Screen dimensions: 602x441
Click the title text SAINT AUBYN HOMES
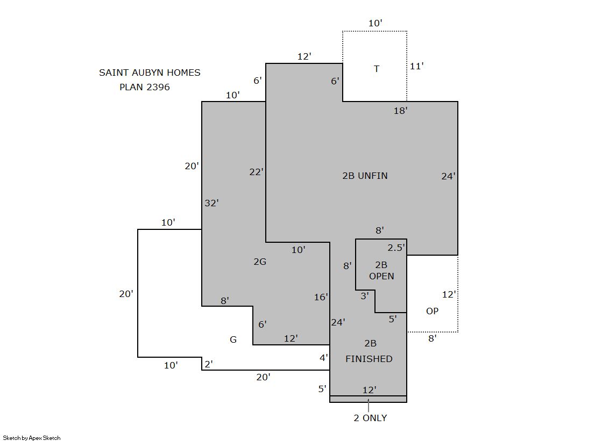click(150, 73)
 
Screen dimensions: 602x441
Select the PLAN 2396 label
click(144, 87)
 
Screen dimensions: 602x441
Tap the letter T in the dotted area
click(377, 69)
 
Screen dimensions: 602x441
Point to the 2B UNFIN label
click(365, 176)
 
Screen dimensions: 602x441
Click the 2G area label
click(260, 262)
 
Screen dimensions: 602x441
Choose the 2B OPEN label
click(381, 270)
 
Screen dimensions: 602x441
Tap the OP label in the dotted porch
click(432, 311)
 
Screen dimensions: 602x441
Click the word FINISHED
click(369, 359)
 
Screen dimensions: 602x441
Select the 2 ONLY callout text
click(370, 418)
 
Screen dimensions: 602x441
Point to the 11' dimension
click(416, 66)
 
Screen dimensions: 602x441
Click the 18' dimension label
click(400, 111)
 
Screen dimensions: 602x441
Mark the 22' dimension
click(257, 172)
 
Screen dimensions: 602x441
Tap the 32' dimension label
click(211, 203)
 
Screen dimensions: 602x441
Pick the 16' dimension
click(321, 297)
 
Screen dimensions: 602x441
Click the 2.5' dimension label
click(396, 248)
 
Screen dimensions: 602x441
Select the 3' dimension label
click(365, 295)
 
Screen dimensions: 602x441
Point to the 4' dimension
click(324, 358)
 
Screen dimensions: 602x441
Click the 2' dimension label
click(209, 364)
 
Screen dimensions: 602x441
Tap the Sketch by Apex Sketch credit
click(32, 438)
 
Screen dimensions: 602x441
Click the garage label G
click(233, 339)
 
